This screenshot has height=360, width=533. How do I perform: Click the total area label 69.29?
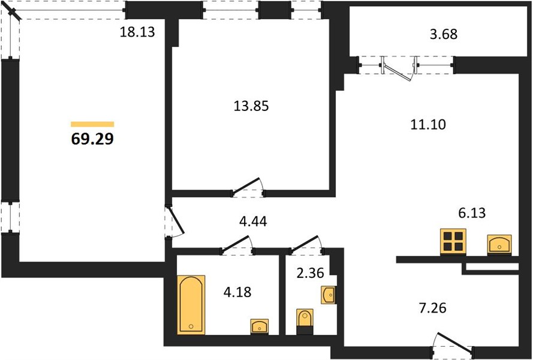click(92, 139)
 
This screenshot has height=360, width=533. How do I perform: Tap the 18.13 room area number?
click(137, 32)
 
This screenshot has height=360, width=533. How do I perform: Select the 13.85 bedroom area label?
click(251, 106)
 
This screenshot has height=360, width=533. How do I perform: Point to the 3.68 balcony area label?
click(444, 34)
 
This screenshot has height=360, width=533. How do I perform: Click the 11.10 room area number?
click(428, 125)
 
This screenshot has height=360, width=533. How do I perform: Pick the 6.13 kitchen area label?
click(472, 213)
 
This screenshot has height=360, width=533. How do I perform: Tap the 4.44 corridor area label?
click(253, 221)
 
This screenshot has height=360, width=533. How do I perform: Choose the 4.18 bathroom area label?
click(237, 292)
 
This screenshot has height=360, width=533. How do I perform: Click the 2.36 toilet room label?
click(311, 273)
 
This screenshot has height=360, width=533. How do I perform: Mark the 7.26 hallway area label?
click(433, 308)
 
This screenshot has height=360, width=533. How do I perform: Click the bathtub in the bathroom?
click(191, 305)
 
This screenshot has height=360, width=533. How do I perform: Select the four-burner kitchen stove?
click(453, 242)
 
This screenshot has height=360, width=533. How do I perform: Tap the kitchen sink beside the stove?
click(499, 244)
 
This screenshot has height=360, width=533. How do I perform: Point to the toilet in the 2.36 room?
click(305, 321)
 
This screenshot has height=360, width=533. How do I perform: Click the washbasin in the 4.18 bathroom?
click(260, 326)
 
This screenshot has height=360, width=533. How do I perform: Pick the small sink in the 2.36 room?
click(328, 295)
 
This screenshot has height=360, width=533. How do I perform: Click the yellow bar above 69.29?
click(92, 124)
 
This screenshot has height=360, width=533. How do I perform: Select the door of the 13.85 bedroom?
click(248, 187)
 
